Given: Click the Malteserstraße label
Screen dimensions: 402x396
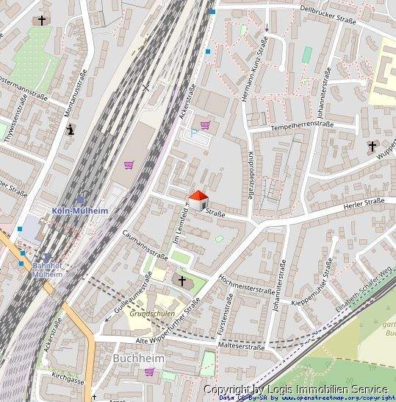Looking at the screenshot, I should (x=241, y=345).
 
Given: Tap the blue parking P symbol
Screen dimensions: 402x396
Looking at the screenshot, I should (x=193, y=133).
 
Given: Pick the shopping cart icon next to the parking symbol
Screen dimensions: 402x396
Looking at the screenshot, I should (x=205, y=125).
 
